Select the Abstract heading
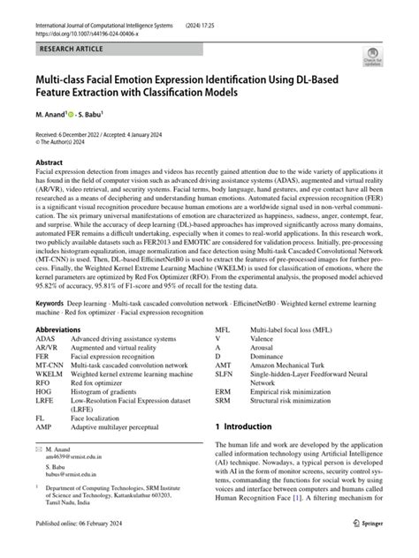[49, 164]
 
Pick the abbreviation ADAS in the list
[45, 338]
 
